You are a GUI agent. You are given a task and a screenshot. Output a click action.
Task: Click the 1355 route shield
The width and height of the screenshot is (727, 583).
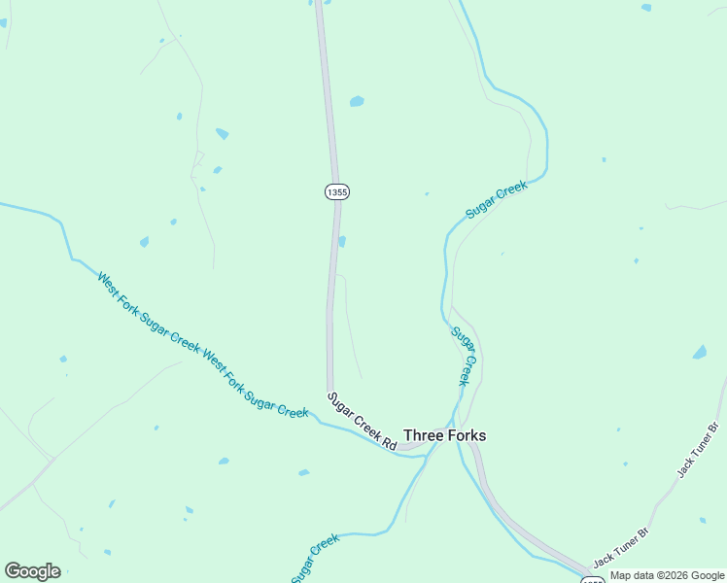point(336,191)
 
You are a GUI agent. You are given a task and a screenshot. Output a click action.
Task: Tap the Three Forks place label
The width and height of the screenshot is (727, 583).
point(444,435)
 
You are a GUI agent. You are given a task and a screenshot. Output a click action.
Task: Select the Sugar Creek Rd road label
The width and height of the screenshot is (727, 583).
point(362,421)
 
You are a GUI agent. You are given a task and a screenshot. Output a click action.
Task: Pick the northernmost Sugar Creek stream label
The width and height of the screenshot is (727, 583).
point(496,199)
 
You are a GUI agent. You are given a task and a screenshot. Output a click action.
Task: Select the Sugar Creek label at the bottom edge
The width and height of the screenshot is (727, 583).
point(315,557)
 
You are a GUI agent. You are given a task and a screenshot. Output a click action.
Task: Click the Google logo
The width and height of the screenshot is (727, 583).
point(32,571)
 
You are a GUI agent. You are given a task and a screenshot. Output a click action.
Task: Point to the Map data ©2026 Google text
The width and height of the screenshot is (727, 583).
point(667,575)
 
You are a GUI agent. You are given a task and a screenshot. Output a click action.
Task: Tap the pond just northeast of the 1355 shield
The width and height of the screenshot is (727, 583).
point(357,101)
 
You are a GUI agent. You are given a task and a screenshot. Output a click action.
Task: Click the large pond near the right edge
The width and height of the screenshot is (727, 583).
point(700,352)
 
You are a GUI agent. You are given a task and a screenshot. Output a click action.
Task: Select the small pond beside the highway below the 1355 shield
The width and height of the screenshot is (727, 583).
point(342,241)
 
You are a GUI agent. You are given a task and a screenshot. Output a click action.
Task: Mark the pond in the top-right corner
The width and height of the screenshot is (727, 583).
point(646,8)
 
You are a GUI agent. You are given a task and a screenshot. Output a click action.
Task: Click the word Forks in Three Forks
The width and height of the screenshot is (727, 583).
point(465,435)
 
